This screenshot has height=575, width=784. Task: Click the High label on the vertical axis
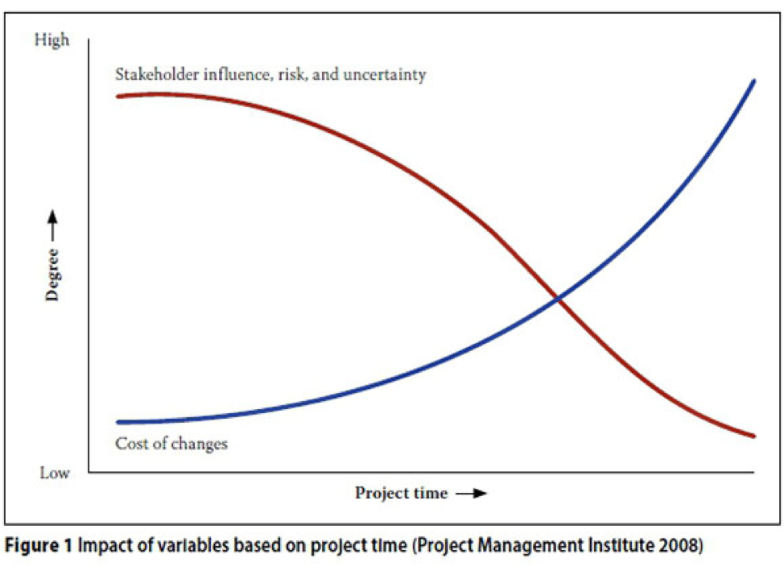point(52,39)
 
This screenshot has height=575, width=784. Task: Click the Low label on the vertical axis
point(54,473)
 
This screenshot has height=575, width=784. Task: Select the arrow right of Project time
point(472,494)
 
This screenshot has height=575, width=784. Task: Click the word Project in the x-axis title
point(381,494)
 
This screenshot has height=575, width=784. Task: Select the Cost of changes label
point(171,444)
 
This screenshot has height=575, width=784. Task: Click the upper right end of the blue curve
point(753,81)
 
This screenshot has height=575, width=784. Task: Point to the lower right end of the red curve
point(754,436)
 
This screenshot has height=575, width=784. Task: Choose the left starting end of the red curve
point(118,96)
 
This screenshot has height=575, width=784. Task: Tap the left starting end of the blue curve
point(118,421)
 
